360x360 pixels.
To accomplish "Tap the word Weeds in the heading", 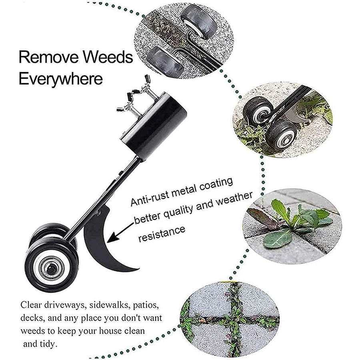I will pos(108,57).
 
